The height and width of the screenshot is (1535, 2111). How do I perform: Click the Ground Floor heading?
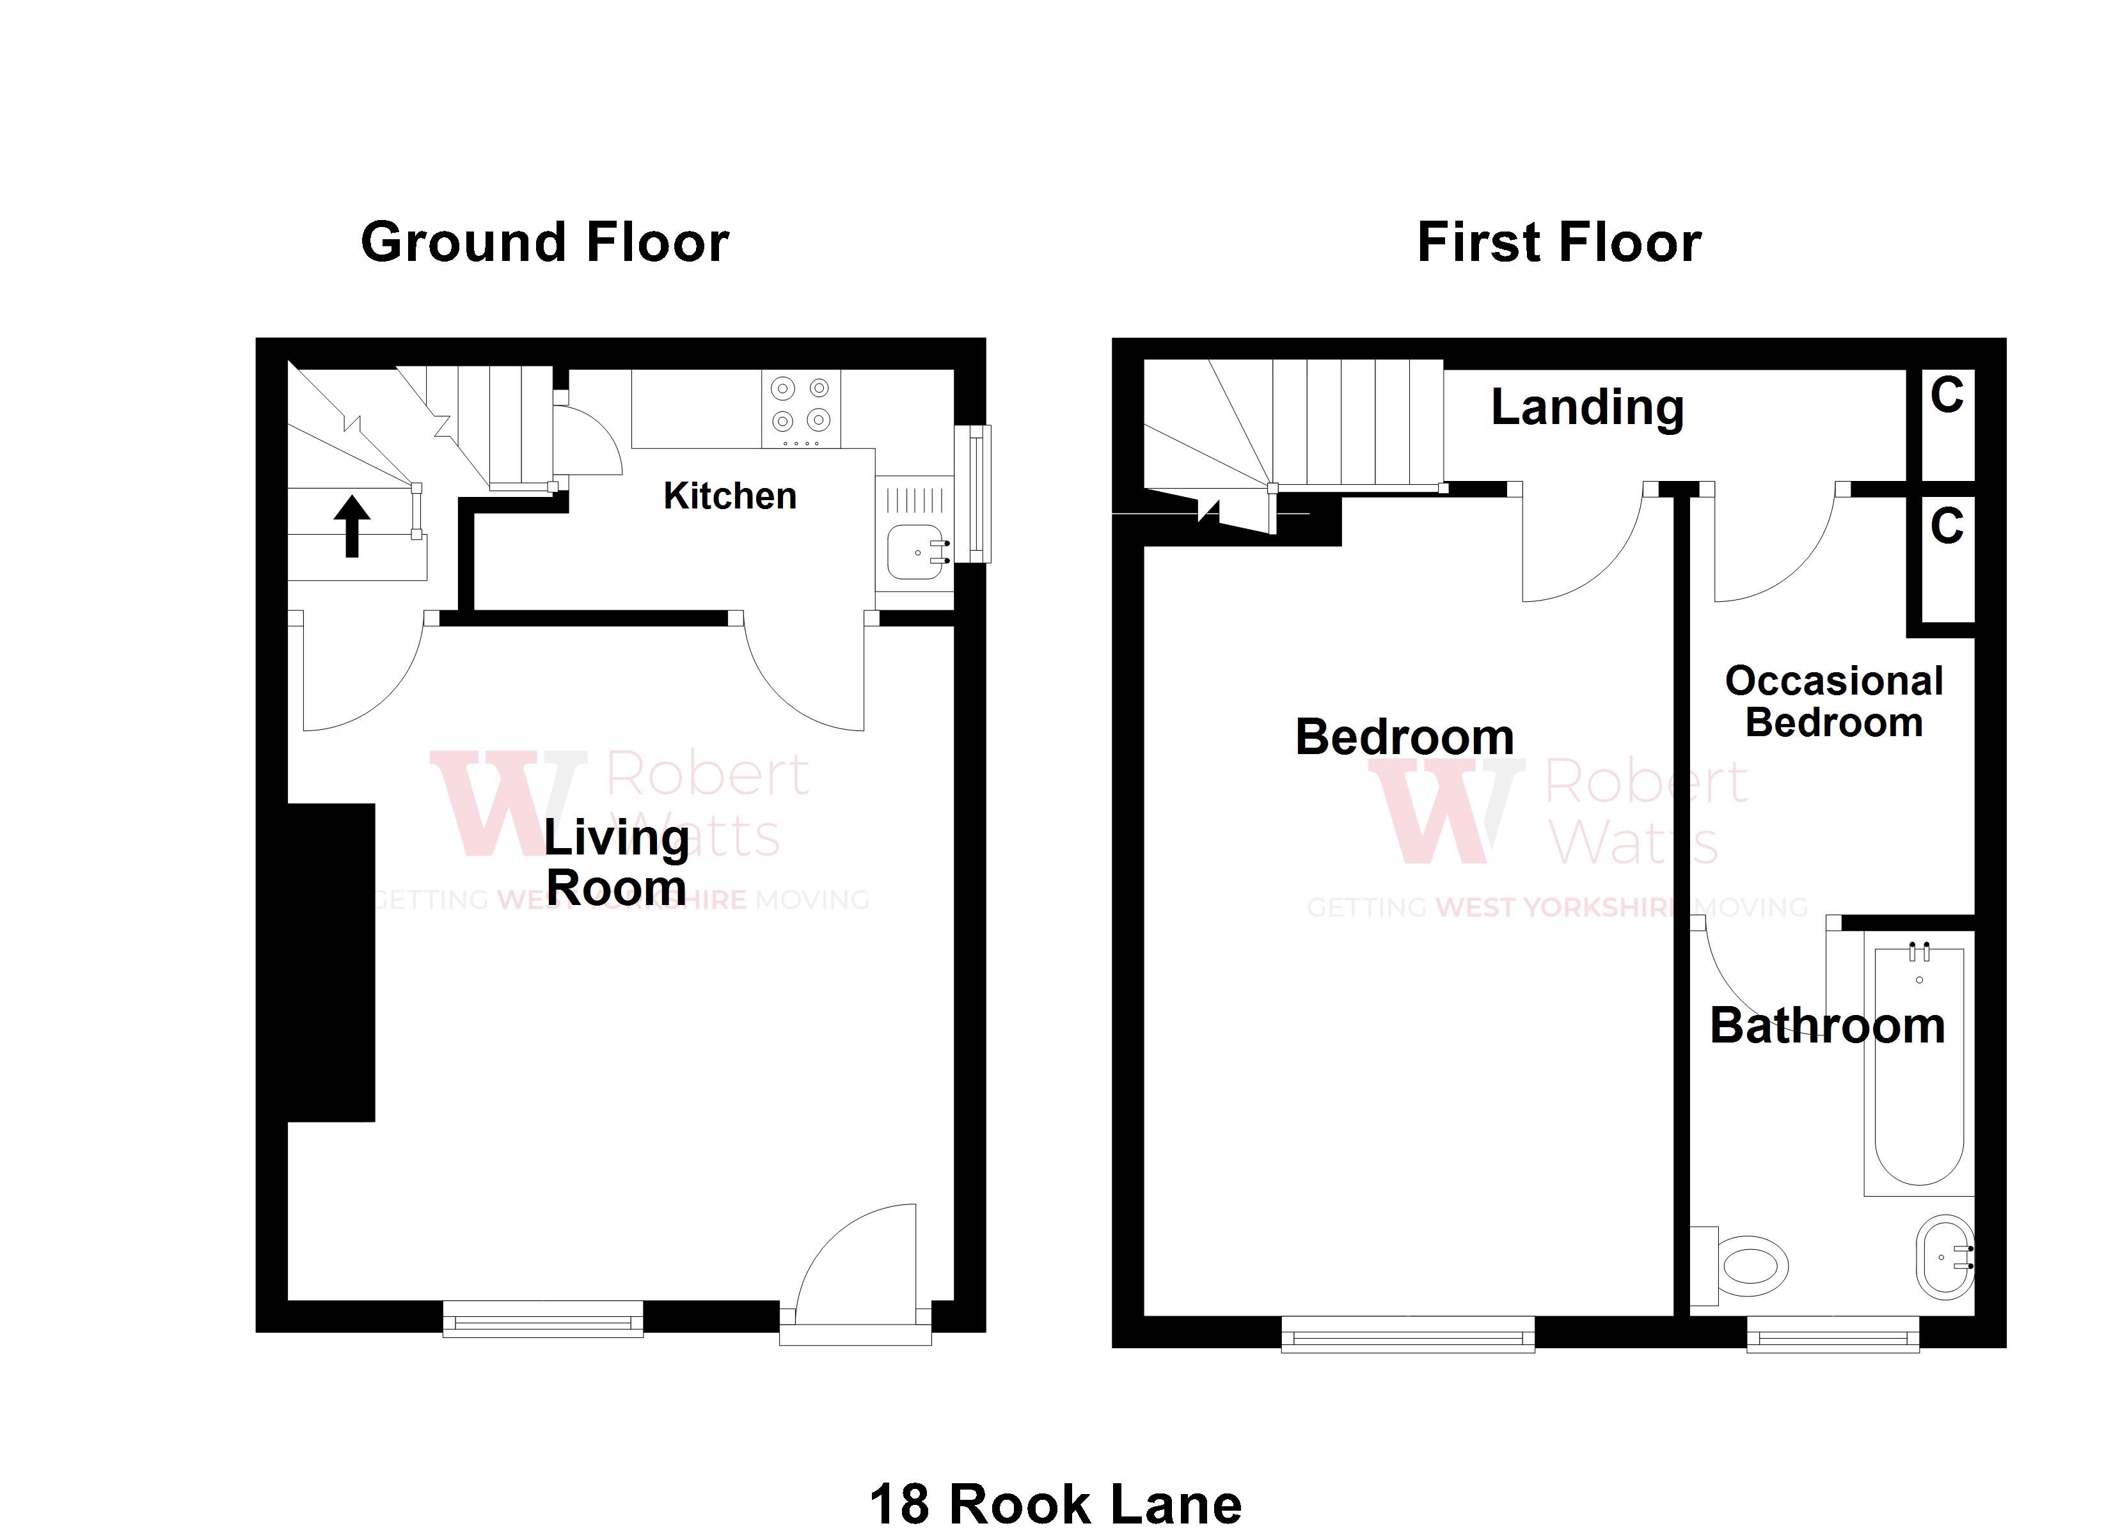point(544,243)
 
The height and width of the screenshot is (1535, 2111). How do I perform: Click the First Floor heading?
point(1559,243)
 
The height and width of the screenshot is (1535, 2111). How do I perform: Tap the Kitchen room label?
point(730,496)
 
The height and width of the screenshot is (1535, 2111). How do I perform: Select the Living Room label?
point(616,862)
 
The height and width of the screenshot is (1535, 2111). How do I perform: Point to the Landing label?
point(1587,407)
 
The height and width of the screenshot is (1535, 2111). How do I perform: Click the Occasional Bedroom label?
point(1833,702)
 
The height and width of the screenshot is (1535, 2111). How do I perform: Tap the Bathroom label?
point(1827,1026)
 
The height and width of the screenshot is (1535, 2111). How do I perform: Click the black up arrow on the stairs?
point(352,526)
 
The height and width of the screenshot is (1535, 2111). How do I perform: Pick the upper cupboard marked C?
point(1946,423)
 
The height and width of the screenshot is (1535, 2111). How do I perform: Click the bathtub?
point(1919,1071)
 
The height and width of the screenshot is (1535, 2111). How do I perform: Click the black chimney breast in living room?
point(331,961)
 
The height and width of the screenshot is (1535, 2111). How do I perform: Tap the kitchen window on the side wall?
point(974,493)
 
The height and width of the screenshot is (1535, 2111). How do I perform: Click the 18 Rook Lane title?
point(1055,1505)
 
